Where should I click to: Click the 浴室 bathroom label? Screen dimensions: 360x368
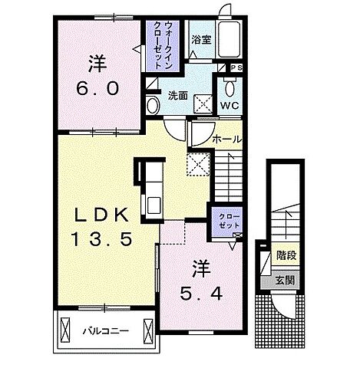(201, 40)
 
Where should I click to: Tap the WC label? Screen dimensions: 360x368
(230, 106)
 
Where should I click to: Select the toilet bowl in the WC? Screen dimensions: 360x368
(230, 87)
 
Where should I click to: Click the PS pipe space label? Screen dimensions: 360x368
(236, 67)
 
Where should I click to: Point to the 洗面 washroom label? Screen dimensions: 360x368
(178, 96)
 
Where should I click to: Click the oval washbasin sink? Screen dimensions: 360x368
(153, 105)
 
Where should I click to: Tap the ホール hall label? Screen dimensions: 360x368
(227, 140)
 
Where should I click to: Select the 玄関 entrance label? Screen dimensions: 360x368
(285, 281)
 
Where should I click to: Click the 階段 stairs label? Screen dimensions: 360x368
(286, 255)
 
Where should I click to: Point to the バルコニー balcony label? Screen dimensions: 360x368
(105, 331)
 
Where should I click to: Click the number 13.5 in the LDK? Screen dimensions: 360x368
(102, 238)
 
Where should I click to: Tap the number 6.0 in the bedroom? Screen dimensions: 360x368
(97, 88)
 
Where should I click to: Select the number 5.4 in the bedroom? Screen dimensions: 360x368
(201, 294)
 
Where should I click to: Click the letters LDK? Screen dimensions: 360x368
(101, 214)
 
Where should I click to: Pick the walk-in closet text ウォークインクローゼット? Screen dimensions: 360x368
(163, 45)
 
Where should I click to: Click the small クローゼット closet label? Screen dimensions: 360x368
(230, 221)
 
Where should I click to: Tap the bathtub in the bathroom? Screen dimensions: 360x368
(230, 39)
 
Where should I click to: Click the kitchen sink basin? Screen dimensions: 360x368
(154, 205)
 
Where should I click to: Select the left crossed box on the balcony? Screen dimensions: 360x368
(65, 330)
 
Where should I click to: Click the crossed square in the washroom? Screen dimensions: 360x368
(203, 103)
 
